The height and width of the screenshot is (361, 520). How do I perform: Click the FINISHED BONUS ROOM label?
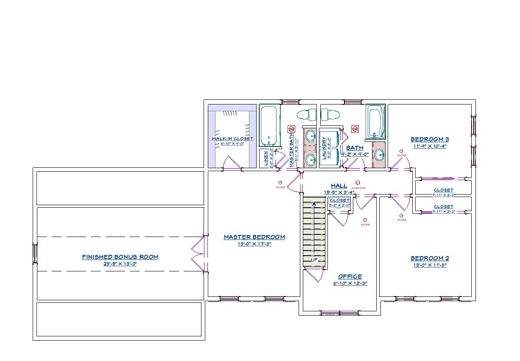click(x=120, y=257)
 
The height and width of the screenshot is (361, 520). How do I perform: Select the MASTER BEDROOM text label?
click(x=254, y=237)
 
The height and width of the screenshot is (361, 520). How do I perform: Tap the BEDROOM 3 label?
click(x=430, y=139)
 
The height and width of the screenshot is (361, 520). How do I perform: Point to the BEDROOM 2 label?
click(x=430, y=258)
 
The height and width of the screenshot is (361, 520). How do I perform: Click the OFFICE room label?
click(x=350, y=276)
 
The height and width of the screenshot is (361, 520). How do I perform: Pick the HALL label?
click(x=339, y=186)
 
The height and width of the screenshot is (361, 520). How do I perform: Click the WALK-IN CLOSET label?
click(x=232, y=139)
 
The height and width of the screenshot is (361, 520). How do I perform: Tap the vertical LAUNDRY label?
click(x=324, y=148)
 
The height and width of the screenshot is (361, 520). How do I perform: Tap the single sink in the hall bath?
click(x=379, y=155)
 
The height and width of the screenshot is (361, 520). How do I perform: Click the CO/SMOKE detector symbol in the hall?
click(x=358, y=183)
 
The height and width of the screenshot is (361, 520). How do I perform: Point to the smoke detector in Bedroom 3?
click(x=401, y=151)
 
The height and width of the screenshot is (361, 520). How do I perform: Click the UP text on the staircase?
click(x=314, y=259)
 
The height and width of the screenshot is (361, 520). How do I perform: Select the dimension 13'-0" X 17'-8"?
click(x=254, y=244)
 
